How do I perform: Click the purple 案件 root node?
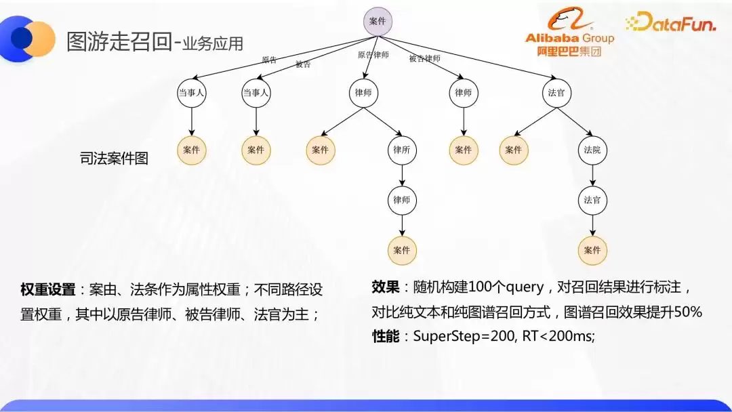coord(378,22)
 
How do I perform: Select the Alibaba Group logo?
coord(569,32)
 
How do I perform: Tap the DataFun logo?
coord(670,22)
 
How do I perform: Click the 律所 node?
coord(401,150)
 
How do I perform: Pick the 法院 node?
coord(592,150)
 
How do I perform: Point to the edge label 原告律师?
coord(373,55)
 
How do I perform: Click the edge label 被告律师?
coord(424,58)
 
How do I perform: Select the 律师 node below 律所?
coord(401,200)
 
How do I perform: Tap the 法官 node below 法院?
coord(592,200)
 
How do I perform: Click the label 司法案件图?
coord(114,158)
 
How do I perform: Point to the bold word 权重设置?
coord(47,289)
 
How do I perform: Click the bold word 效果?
coord(385,287)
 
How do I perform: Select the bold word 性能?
coord(385,336)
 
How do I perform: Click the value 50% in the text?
coord(688,311)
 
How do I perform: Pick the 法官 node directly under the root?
coord(556,93)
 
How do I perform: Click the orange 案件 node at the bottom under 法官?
coord(592,251)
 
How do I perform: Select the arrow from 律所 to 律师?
coord(401,176)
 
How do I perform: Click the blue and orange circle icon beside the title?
coord(28,38)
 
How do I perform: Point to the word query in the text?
coord(525,287)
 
